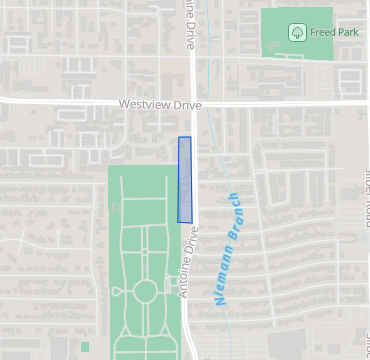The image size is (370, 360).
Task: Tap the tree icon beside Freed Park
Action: pos(297,33)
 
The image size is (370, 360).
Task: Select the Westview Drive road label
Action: pos(160,104)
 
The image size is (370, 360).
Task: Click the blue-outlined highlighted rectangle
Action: pos(184,179)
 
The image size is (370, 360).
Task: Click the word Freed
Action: pos(322,33)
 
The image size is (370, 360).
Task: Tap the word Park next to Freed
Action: pos(348,33)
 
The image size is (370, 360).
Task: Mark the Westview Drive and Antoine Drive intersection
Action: pos(194,103)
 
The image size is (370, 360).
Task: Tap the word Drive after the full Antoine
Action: pos(194,239)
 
